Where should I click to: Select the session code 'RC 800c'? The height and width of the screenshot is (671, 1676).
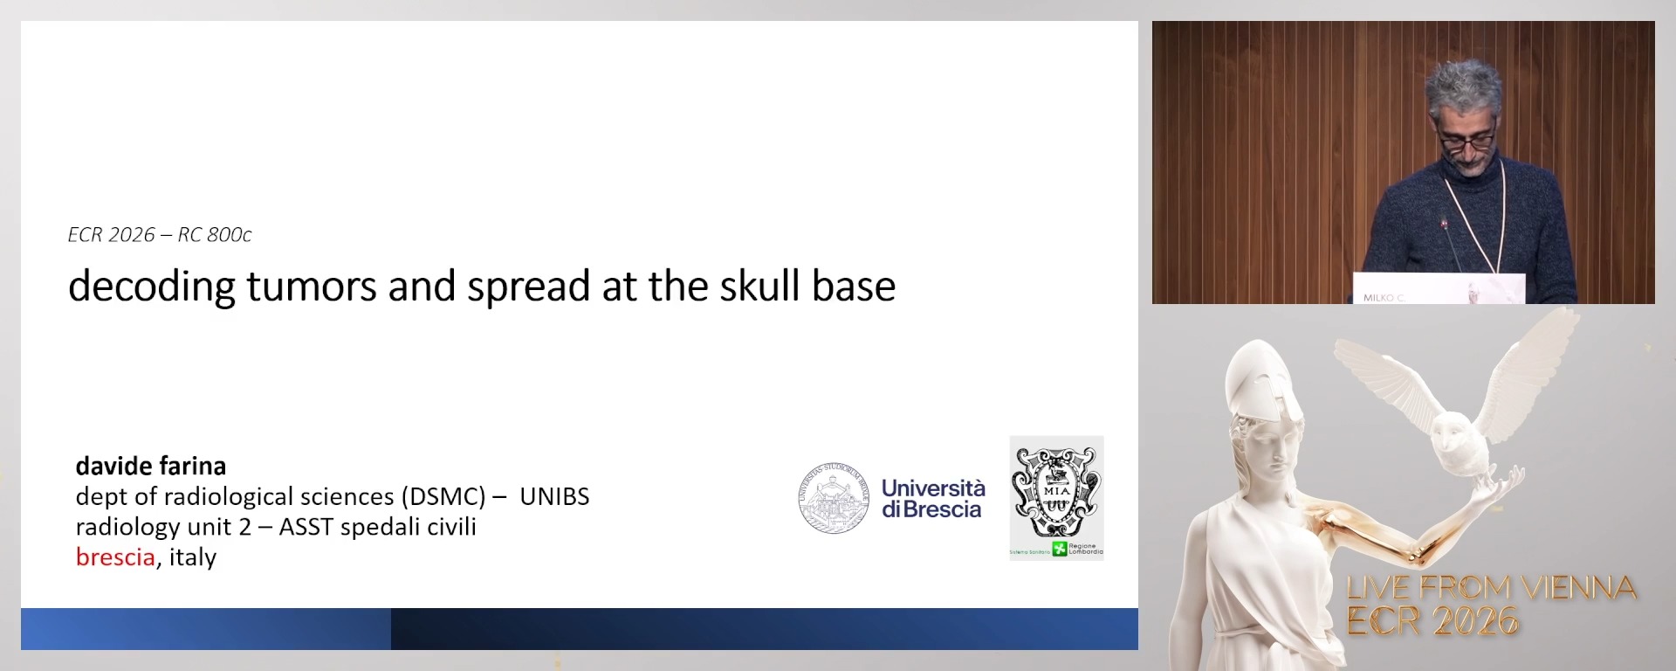215,235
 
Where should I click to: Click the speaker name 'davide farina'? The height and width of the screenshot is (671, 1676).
151,466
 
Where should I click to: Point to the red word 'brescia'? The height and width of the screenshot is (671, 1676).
115,557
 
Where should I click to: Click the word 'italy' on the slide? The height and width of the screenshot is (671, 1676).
193,557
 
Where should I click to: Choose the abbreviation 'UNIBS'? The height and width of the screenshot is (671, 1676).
554,496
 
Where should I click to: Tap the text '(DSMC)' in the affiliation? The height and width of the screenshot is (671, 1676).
443,496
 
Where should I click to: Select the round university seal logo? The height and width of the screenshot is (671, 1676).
834,498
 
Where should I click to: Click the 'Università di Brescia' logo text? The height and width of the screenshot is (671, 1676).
933,498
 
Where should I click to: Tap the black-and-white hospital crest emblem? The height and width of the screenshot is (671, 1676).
1056,491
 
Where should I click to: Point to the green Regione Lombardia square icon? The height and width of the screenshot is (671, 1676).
1060,549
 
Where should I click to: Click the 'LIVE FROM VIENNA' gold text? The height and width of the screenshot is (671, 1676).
1491,587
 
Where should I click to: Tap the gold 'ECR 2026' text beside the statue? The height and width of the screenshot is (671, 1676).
1432,621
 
